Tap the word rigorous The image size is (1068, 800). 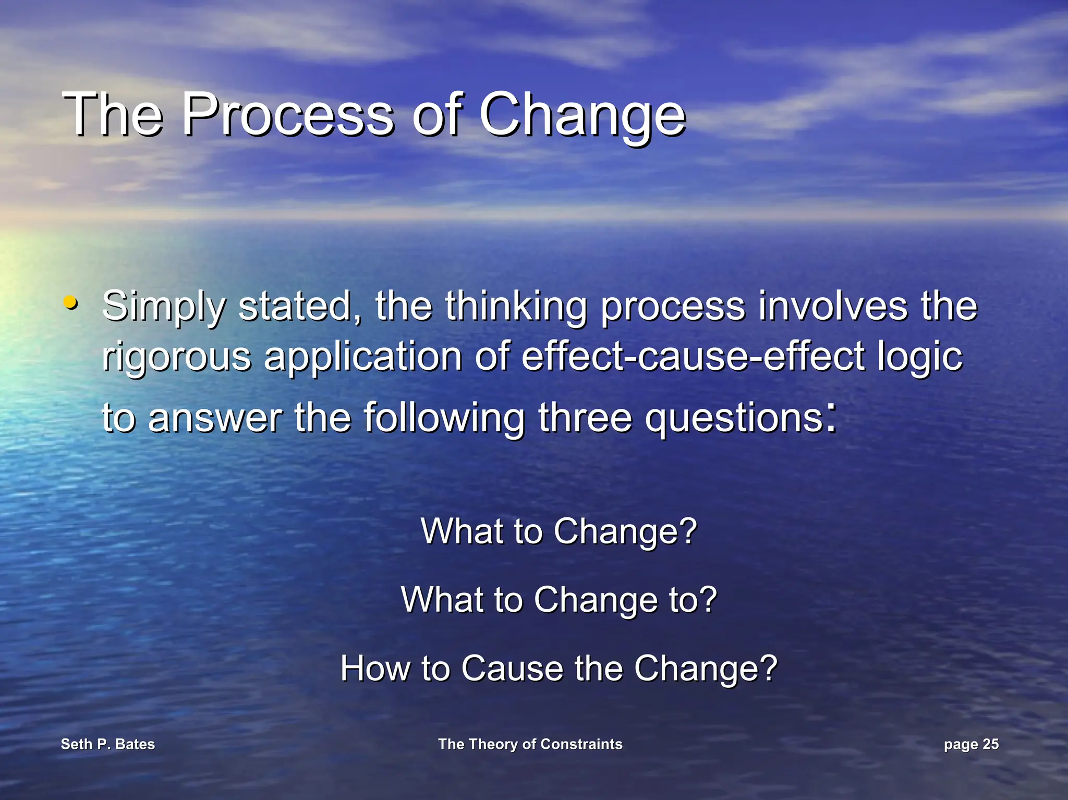pyautogui.click(x=176, y=358)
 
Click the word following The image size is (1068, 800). pyautogui.click(x=444, y=418)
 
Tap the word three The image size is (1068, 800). pyautogui.click(x=585, y=417)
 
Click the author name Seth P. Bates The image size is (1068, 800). pyautogui.click(x=108, y=744)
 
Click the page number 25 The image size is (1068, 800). pyautogui.click(x=990, y=744)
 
